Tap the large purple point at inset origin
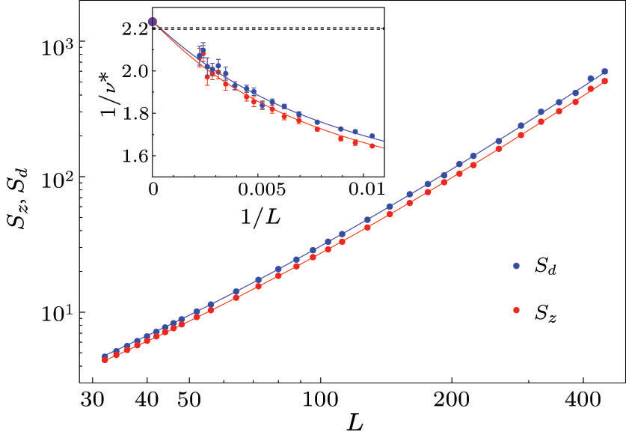pyautogui.click(x=153, y=22)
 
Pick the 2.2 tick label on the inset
pyautogui.click(x=135, y=29)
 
